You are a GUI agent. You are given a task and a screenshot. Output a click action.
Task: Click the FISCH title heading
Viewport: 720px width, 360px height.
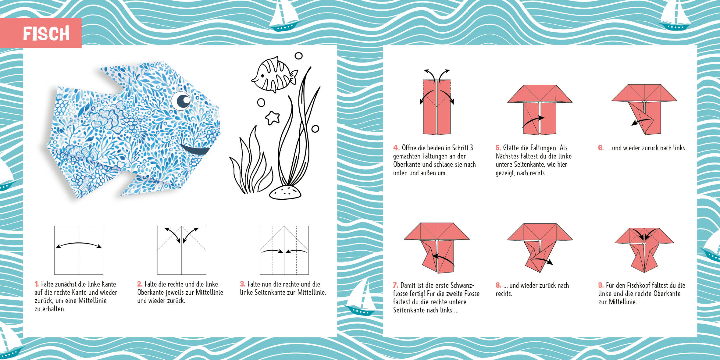(x=46, y=34)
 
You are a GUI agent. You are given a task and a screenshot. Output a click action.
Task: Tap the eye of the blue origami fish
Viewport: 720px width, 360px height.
(x=181, y=101)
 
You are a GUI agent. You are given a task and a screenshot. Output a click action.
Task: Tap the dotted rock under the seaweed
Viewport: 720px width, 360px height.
(x=285, y=192)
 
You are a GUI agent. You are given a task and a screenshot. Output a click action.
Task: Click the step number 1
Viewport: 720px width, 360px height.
(x=37, y=284)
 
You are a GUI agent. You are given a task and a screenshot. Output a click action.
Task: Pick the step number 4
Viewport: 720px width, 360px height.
(x=396, y=148)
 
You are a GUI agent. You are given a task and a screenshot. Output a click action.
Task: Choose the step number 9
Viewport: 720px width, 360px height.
(x=601, y=285)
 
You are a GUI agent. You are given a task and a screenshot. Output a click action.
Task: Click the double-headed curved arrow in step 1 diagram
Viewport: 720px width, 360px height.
(x=79, y=243)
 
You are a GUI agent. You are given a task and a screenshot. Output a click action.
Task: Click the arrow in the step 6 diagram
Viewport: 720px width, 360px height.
(x=642, y=122)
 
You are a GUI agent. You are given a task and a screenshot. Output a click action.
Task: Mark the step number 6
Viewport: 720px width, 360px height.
(x=601, y=148)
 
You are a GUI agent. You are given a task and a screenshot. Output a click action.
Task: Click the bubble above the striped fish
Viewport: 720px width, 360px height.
(x=299, y=56)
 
